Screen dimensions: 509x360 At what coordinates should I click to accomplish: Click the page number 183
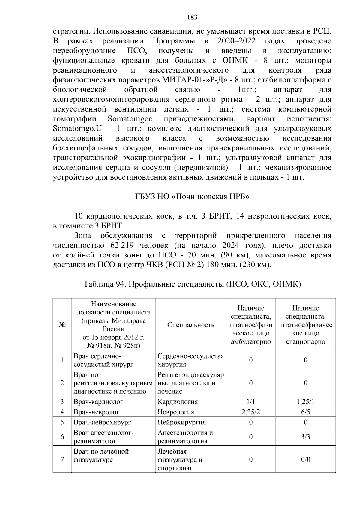[x=192, y=17]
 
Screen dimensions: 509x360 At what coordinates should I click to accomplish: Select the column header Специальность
[x=191, y=325]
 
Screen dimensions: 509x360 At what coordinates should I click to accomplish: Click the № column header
[x=62, y=325]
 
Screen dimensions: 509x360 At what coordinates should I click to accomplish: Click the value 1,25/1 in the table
[x=305, y=402]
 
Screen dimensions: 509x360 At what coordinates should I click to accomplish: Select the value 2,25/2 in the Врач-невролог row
[x=250, y=412]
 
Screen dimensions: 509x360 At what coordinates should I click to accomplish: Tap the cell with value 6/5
[x=305, y=412]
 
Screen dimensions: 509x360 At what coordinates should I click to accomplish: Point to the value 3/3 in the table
[x=305, y=437]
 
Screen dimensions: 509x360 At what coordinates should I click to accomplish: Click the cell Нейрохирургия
[x=182, y=422]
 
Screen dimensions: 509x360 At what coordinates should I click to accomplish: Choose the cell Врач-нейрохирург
[x=102, y=422]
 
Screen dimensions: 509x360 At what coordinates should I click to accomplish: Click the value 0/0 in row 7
[x=305, y=460]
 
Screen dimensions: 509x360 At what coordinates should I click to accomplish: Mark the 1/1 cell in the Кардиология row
[x=250, y=402]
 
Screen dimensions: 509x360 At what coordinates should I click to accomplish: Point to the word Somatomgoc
[x=130, y=119]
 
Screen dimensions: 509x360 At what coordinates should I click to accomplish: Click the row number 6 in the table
[x=62, y=437]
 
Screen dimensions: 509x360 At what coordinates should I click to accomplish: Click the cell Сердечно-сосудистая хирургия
[x=191, y=360]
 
